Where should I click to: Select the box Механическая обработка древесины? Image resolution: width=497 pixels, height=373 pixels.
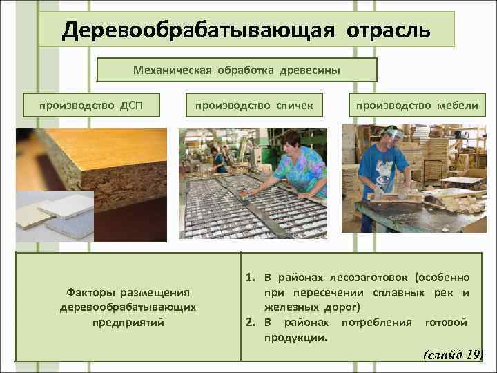point(237,70)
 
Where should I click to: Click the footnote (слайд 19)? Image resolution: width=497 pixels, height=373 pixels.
point(451,355)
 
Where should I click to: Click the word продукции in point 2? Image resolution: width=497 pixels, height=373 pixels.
point(295,338)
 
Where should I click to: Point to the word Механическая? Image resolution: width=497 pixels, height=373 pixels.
point(170,70)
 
